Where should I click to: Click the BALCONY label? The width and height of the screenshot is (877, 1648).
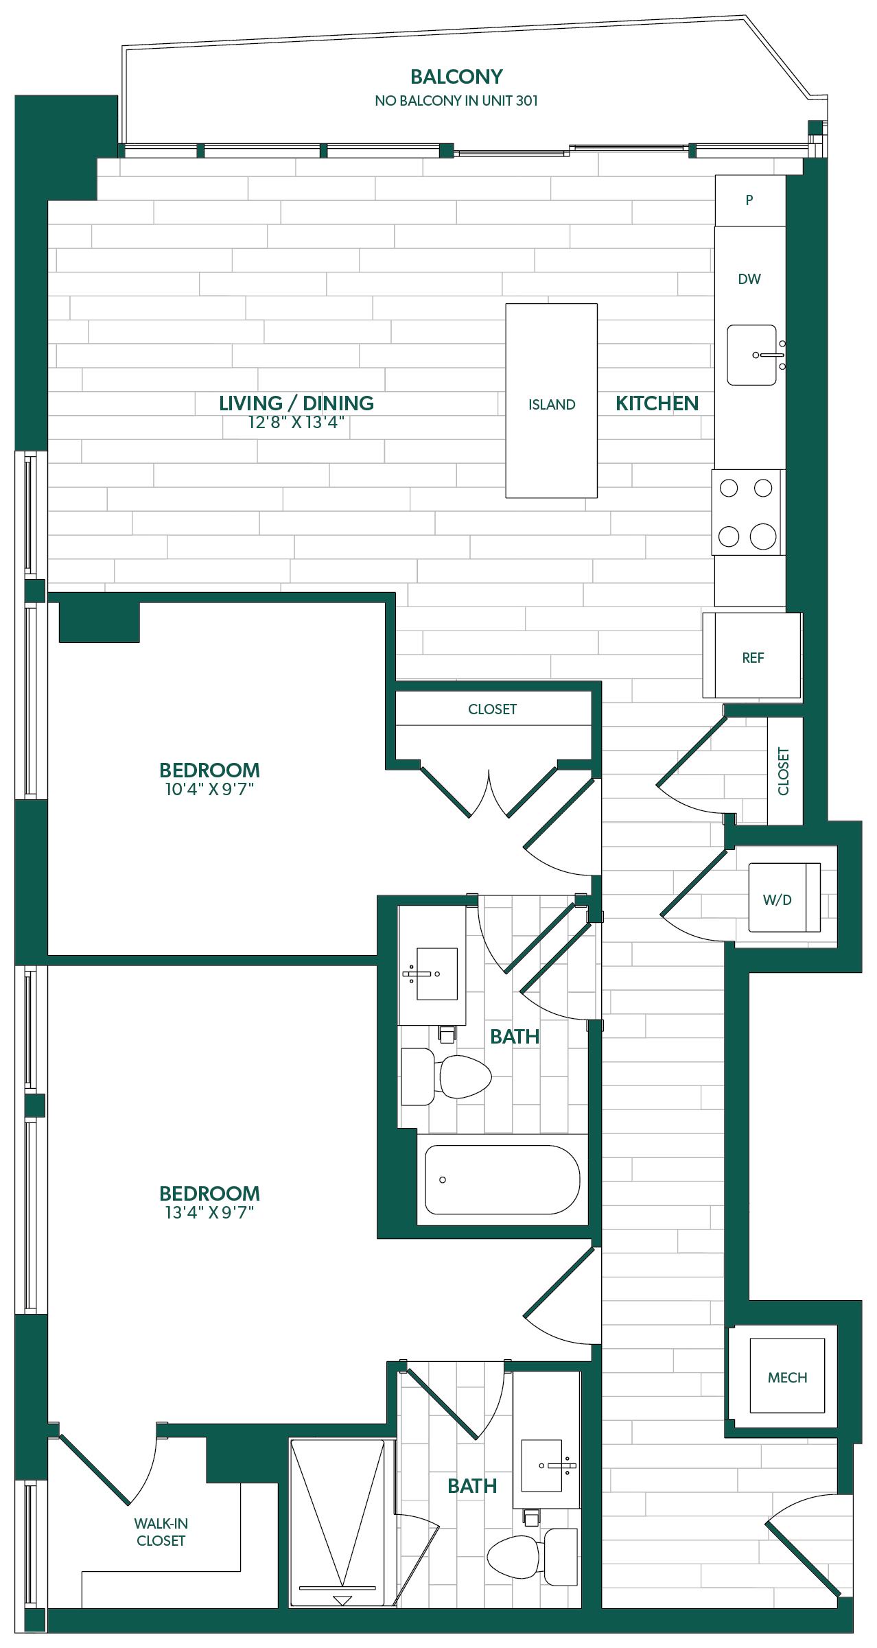(x=456, y=77)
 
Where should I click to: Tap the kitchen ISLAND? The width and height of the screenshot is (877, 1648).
(x=552, y=401)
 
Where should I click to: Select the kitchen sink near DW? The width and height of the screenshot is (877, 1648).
(x=752, y=355)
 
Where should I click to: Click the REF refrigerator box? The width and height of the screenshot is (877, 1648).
(x=752, y=656)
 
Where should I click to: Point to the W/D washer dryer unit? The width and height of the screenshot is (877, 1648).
(x=784, y=897)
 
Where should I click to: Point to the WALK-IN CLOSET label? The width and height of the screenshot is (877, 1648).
(x=161, y=1532)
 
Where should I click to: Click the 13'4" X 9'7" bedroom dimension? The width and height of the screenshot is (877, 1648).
(x=209, y=1213)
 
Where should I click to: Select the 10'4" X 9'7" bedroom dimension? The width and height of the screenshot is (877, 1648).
(x=209, y=790)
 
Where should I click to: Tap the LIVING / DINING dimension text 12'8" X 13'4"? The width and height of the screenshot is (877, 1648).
(x=296, y=423)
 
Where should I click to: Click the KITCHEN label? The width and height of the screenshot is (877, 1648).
(x=657, y=403)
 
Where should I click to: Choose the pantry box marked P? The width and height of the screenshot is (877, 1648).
(x=750, y=200)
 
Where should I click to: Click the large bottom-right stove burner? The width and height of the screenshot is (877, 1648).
(x=763, y=537)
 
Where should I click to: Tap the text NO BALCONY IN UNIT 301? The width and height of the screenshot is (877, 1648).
(x=456, y=101)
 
